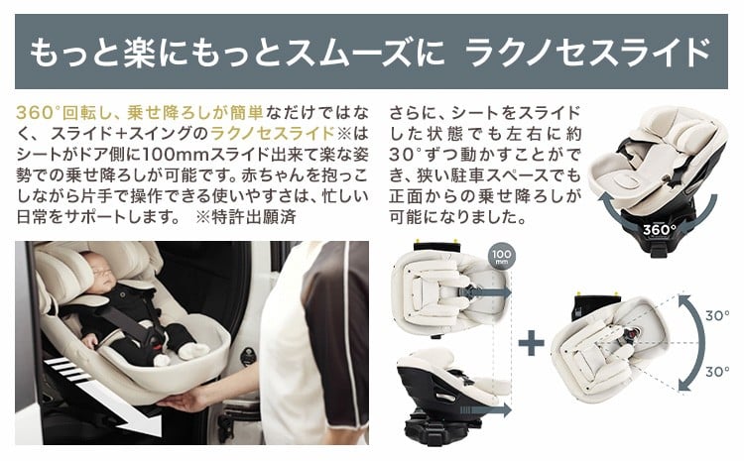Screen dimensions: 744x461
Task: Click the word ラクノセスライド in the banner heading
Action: tap(587, 53)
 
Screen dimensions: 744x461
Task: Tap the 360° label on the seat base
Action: tap(659, 230)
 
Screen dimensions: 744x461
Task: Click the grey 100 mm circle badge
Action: tap(502, 256)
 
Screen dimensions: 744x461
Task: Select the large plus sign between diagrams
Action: tap(531, 342)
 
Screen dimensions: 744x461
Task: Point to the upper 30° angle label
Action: tap(717, 316)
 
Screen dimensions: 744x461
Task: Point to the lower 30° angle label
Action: tap(717, 372)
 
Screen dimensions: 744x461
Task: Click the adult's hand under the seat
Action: tap(183, 400)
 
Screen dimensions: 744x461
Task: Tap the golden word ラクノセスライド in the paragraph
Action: tap(273, 133)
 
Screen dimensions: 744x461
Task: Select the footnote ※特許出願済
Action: tap(246, 217)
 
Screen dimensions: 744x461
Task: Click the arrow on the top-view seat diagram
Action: tap(485, 292)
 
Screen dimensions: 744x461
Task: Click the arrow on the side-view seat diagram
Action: tap(485, 409)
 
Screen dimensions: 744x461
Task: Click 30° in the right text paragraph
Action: tap(406, 155)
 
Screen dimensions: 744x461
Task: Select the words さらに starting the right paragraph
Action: tap(413, 113)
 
